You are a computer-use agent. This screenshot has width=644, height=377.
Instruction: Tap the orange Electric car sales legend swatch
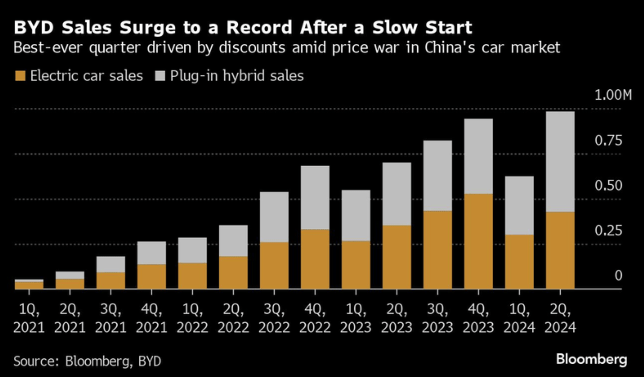pyautogui.click(x=20, y=76)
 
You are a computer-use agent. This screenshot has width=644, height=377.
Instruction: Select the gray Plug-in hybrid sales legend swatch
pyautogui.click(x=160, y=76)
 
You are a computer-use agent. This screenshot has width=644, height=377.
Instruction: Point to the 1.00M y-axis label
pyautogui.click(x=613, y=95)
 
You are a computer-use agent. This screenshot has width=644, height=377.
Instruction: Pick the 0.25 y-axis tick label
pyautogui.click(x=608, y=230)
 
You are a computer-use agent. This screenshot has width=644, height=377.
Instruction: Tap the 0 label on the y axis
pyautogui.click(x=618, y=276)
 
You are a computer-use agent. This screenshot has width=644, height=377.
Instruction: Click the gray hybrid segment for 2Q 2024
pyautogui.click(x=560, y=162)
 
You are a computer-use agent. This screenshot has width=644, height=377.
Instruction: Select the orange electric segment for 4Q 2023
pyautogui.click(x=478, y=241)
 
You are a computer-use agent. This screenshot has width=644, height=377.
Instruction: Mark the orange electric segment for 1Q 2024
pyautogui.click(x=519, y=261)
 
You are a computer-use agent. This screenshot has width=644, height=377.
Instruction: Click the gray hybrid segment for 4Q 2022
pyautogui.click(x=315, y=197)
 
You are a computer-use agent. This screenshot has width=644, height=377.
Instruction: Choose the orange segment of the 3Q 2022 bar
pyautogui.click(x=274, y=265)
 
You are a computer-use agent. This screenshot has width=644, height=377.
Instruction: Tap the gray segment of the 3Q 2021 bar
pyautogui.click(x=110, y=264)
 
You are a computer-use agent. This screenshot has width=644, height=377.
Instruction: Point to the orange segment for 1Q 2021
pyautogui.click(x=29, y=285)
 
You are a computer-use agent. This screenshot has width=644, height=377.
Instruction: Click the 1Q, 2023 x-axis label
pyautogui.click(x=356, y=318)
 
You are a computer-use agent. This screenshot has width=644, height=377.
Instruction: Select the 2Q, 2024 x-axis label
pyautogui.click(x=560, y=318)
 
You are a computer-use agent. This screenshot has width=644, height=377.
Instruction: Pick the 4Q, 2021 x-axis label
pyautogui.click(x=151, y=318)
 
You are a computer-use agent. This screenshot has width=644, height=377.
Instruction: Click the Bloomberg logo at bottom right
pyautogui.click(x=591, y=359)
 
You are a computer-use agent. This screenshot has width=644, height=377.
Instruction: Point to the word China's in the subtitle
pyautogui.click(x=450, y=48)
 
